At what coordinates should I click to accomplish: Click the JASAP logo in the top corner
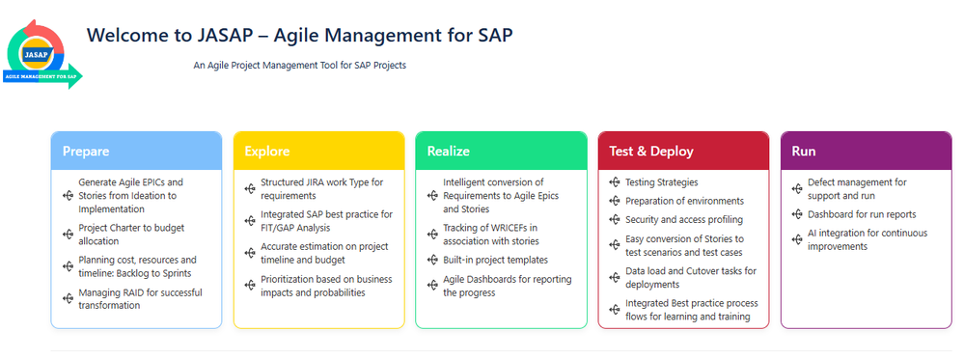coord(42,54)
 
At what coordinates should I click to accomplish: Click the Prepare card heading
coord(86,152)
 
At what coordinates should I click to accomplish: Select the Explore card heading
coord(267,152)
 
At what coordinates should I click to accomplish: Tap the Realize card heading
coord(448,152)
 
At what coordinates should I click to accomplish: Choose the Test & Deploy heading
coord(651,152)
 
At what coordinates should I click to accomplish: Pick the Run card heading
coord(804,152)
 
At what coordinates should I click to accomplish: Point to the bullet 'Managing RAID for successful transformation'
coord(140,299)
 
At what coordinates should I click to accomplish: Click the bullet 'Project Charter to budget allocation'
coord(131,235)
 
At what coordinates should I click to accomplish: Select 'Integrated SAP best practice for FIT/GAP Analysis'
coord(326,221)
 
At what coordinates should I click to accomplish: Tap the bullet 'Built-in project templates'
coord(495,261)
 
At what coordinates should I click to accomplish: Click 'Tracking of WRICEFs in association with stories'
coord(490,235)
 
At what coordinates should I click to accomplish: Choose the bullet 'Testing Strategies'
coord(662,182)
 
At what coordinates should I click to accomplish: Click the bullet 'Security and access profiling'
coord(683,220)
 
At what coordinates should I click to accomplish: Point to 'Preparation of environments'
coord(684,201)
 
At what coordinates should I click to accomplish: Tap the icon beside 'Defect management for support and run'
coord(797,189)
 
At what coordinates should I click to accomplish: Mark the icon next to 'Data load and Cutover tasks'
coord(614,278)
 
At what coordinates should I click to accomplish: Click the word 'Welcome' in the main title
coord(125,35)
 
